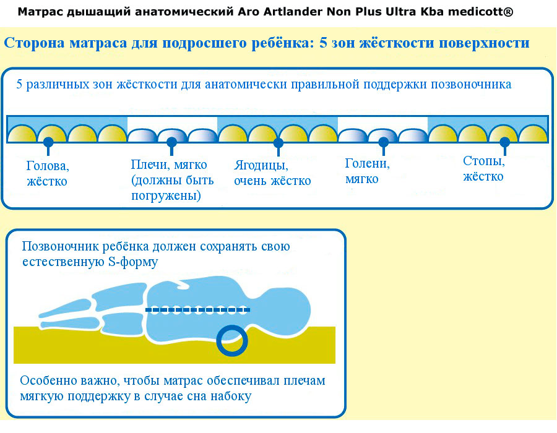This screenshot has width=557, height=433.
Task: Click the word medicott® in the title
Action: click(480, 12)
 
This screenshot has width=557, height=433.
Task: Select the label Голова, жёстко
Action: click(48, 174)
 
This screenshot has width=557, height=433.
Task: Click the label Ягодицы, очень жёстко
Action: click(272, 173)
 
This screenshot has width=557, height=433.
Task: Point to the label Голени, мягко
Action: click(367, 171)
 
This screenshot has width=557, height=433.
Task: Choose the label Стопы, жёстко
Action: click(484, 169)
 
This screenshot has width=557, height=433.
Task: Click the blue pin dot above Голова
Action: click(48, 142)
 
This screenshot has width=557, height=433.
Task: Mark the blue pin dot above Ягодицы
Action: click(278, 143)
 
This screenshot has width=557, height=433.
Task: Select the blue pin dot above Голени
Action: click(383, 142)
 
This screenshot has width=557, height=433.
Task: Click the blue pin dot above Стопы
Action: click(504, 142)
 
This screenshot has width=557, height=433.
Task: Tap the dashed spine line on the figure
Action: click(197, 310)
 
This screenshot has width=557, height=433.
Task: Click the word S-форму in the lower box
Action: click(133, 262)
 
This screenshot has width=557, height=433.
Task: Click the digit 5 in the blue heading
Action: click(323, 43)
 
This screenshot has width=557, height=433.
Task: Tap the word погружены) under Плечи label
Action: click(166, 195)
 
